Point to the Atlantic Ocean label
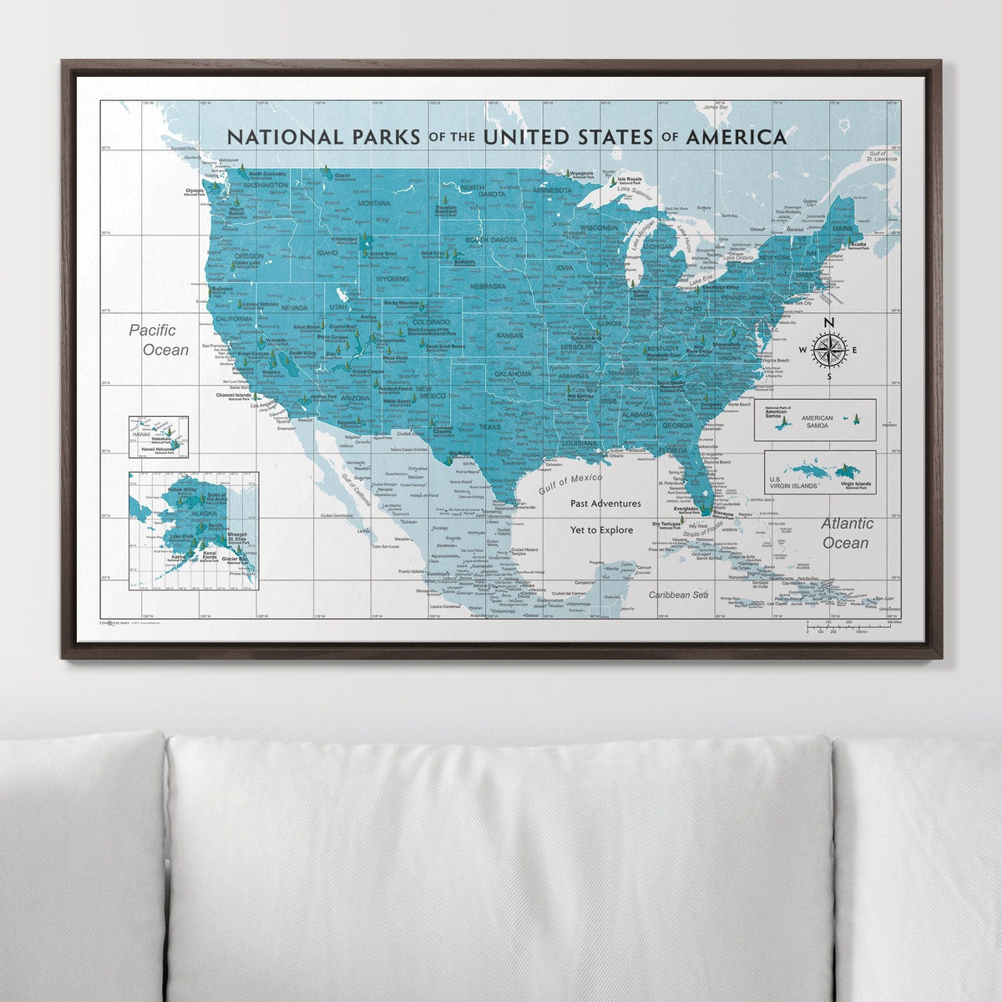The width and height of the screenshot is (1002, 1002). point(846,533)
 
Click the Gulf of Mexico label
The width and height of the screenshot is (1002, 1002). point(571,483)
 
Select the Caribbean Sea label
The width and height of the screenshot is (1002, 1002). point(678,595)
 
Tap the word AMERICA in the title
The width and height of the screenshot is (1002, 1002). point(736,137)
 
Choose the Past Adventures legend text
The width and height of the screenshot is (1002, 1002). point(605,504)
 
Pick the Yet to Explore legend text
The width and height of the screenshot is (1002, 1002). point(601,530)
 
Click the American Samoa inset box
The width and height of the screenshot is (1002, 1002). point(814,419)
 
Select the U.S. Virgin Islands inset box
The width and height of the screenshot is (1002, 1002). point(820,472)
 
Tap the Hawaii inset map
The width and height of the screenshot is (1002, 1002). point(158,438)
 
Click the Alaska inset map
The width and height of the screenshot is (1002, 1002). point(194,530)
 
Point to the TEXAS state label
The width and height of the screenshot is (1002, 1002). point(490,428)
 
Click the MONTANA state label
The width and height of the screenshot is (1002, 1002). point(373,203)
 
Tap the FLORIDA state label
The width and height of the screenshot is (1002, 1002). point(673,450)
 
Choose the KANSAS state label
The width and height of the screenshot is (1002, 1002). point(509,336)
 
